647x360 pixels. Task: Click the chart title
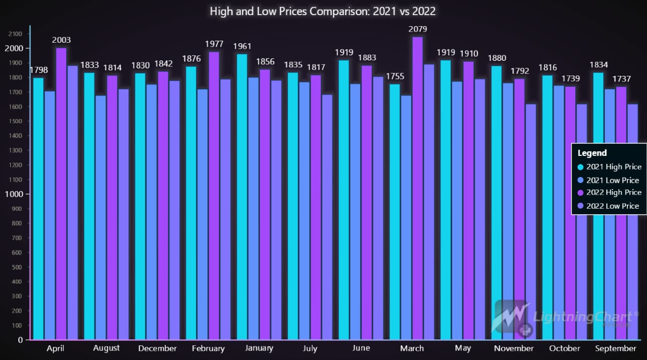323,11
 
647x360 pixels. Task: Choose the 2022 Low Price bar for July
327,217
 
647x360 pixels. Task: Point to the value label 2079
418,29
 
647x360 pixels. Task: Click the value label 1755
395,76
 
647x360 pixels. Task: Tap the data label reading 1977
214,44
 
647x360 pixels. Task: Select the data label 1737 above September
622,79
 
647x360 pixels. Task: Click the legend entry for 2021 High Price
609,167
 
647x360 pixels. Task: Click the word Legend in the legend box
592,153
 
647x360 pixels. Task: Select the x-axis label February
208,348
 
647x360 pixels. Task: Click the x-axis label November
513,348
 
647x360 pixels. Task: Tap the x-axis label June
361,348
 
